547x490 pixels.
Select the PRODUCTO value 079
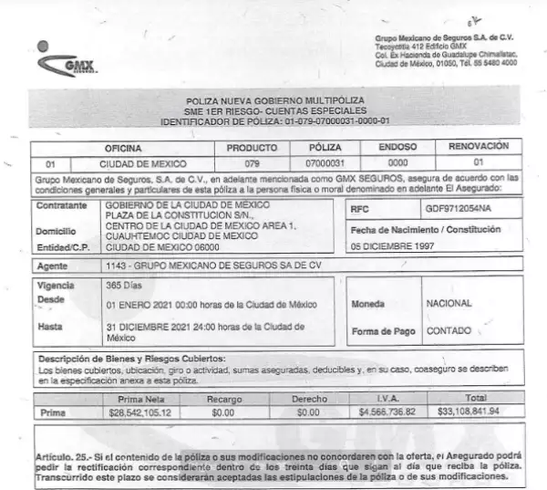pyautogui.click(x=252, y=162)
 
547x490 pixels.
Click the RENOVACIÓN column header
pyautogui.click(x=479, y=146)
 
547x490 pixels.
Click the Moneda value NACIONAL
pyautogui.click(x=449, y=303)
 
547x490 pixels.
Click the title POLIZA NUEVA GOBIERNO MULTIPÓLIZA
pyautogui.click(x=274, y=99)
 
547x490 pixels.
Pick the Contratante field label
pyautogui.click(x=59, y=209)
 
